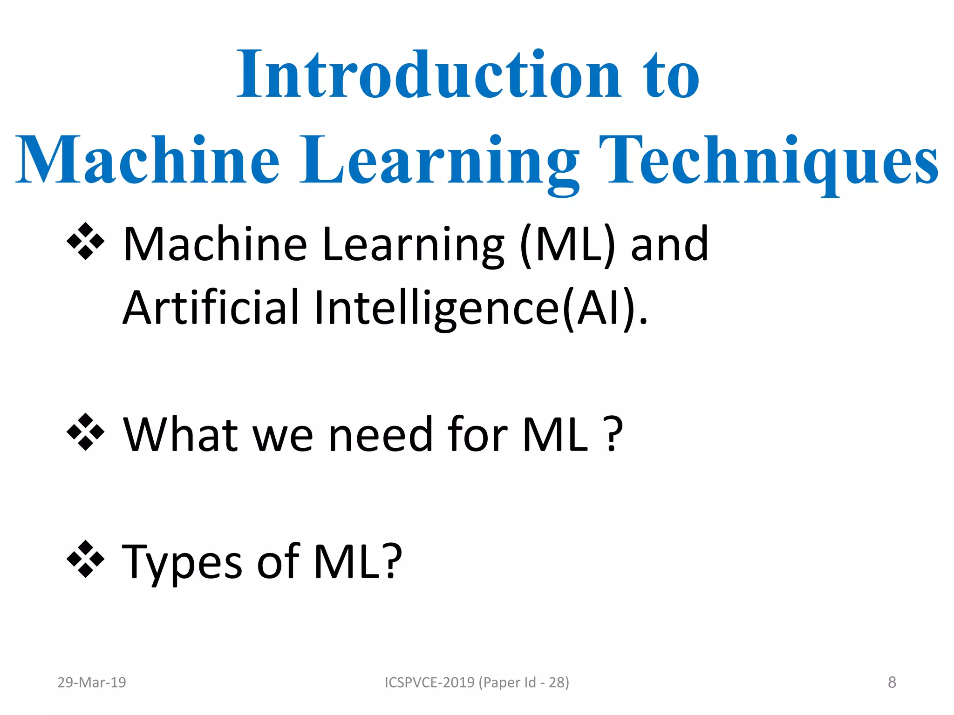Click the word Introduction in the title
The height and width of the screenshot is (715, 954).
pos(429,75)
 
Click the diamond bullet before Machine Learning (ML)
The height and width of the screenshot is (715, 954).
pos(86,242)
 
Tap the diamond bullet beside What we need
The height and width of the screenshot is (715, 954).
pos(86,432)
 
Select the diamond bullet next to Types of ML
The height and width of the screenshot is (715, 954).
pos(86,559)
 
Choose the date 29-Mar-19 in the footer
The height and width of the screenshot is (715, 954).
pos(92,682)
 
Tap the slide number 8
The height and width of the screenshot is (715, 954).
pos(892,682)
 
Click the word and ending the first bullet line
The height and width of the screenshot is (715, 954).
pos(669,244)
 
